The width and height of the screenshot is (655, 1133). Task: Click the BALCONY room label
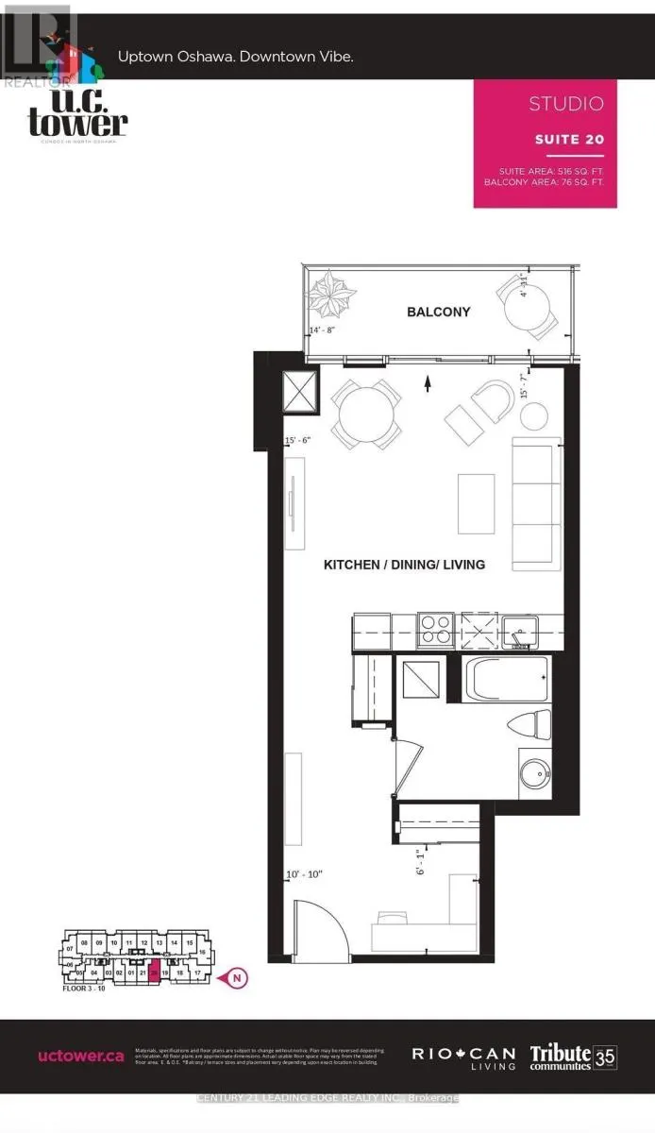[x=438, y=312]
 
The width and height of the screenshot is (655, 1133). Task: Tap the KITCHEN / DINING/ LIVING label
[x=404, y=565]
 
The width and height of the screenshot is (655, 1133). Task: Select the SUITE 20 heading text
[x=568, y=139]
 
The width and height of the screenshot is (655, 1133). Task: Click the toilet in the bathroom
[x=529, y=726]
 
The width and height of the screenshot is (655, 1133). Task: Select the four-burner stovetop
[x=435, y=629]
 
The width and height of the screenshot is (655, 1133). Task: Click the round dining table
[x=360, y=412]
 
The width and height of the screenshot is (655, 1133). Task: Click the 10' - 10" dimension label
[x=305, y=875]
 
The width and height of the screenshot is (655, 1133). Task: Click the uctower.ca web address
[x=81, y=1057]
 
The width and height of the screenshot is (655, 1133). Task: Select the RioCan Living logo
[x=462, y=1057]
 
